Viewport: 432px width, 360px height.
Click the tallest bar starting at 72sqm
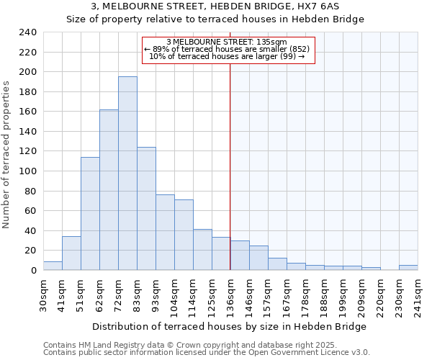point(127,174)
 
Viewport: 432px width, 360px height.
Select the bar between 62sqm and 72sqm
point(109,190)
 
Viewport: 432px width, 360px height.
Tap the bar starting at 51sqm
point(90,214)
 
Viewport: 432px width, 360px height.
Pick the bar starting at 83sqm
point(146,209)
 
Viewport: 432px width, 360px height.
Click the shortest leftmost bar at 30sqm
point(53,266)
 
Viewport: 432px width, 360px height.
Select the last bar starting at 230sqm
point(408,267)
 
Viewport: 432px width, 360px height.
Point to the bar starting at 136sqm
point(240,256)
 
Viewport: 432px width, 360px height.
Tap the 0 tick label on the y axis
point(32,271)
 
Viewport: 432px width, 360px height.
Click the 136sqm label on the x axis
point(230,293)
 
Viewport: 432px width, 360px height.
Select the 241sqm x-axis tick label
point(418,293)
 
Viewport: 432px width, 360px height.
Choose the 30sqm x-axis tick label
point(43,293)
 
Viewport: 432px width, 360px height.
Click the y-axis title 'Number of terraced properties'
point(6,155)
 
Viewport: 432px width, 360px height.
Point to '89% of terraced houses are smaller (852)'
point(228,49)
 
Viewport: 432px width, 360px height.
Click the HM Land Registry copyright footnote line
point(180,345)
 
